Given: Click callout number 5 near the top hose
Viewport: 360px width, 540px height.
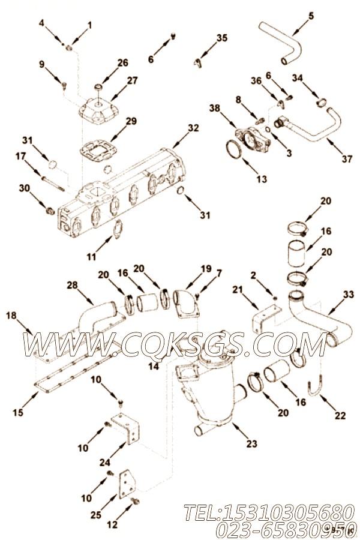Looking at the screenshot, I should pos(310,15).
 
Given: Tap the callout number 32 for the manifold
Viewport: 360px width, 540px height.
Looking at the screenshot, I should pos(193,128).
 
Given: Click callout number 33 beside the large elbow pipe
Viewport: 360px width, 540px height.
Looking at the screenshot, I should pos(348,294).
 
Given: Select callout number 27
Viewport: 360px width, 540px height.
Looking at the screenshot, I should pos(132,80).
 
